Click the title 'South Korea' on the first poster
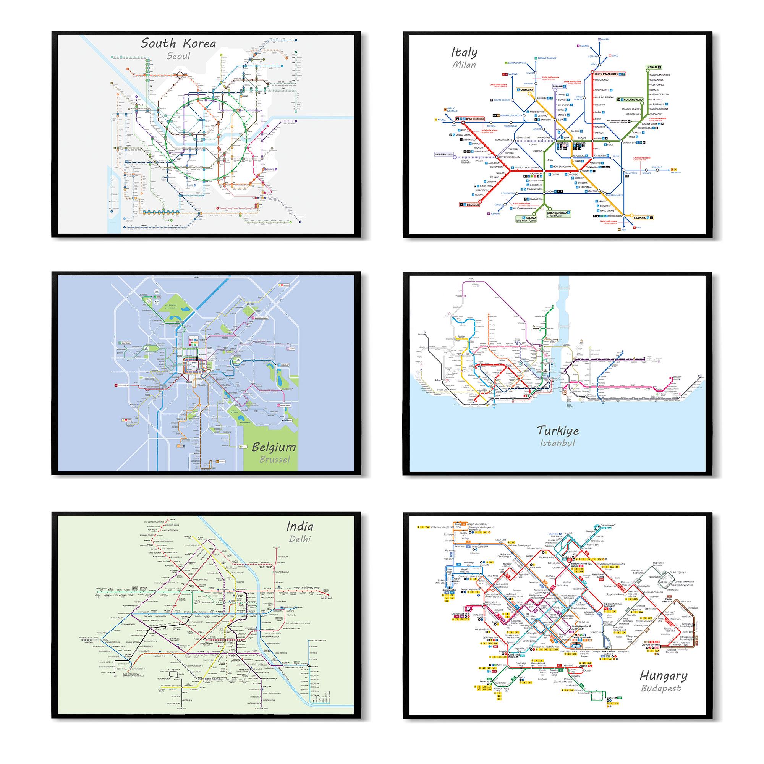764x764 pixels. [x=178, y=43]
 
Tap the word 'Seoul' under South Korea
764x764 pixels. [x=178, y=56]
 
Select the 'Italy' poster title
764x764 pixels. [x=464, y=52]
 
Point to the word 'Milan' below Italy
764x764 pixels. [x=464, y=65]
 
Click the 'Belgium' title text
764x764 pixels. [x=274, y=447]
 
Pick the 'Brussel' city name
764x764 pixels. [x=275, y=460]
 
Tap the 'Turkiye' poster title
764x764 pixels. [x=558, y=431]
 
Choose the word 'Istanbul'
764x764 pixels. [x=558, y=443]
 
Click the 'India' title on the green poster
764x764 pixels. [x=300, y=526]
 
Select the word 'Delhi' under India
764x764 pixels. [x=300, y=539]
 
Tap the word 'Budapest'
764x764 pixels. [x=661, y=688]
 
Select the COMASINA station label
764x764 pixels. [x=526, y=90]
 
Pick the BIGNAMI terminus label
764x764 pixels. [x=558, y=86]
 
